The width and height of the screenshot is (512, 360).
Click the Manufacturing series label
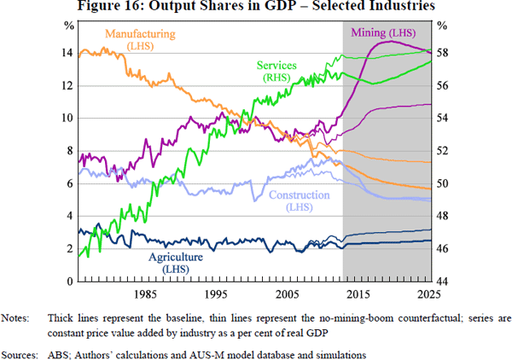click(x=139, y=34)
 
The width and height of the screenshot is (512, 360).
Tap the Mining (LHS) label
click(x=383, y=32)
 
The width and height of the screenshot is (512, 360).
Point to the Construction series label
click(x=298, y=195)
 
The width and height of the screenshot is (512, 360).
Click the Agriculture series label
click(x=175, y=257)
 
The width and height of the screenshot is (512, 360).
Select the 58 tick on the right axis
click(x=443, y=53)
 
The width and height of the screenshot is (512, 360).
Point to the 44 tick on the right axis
click(x=443, y=282)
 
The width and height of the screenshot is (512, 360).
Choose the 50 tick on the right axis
click(x=443, y=183)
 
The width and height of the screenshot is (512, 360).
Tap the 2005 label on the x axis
click(x=288, y=294)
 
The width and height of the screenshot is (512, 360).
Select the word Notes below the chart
click(x=15, y=319)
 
